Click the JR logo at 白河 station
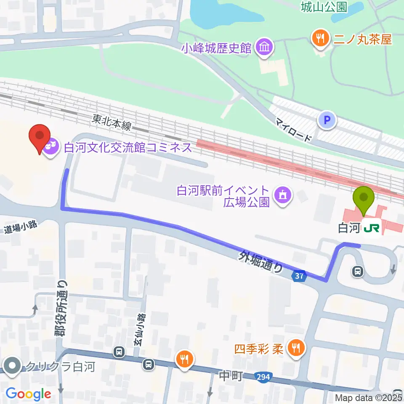point(372,228)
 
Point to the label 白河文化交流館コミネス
point(128,148)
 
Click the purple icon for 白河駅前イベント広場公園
point(281,194)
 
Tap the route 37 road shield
point(298,276)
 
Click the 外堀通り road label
point(261,262)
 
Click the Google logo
point(28,394)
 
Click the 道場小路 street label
point(21,228)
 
